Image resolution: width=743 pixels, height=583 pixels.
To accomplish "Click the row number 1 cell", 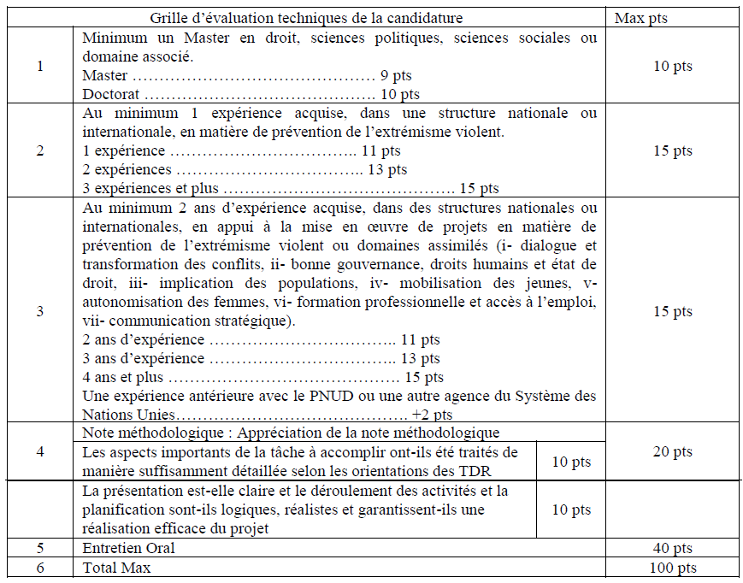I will (40, 66).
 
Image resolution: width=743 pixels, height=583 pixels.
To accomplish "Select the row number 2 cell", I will (40, 150).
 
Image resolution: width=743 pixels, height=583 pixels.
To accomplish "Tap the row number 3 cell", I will (40, 311).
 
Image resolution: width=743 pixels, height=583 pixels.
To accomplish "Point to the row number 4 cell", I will (40, 451).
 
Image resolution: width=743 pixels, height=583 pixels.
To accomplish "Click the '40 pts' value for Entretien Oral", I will (671, 547).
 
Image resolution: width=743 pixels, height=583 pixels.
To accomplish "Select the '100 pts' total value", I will (671, 568).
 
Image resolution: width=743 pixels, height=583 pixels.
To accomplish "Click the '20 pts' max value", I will (671, 451).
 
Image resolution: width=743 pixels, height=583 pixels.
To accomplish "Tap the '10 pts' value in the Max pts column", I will (671, 66).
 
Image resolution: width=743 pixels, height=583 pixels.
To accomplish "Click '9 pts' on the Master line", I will (397, 75).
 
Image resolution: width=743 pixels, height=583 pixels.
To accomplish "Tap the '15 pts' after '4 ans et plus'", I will (424, 377).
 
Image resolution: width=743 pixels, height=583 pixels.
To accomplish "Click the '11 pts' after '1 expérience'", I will (381, 150).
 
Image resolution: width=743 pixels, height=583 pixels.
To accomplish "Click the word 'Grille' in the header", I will (169, 17).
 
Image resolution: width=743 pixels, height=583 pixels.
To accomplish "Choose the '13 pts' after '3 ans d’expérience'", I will (421, 358).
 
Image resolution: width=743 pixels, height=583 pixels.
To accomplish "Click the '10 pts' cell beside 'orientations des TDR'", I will (570, 462).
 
